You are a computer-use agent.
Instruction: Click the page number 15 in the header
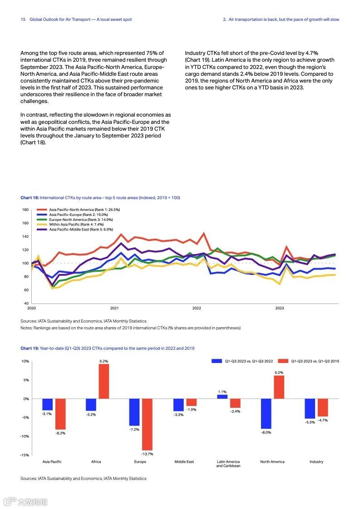pos(23,20)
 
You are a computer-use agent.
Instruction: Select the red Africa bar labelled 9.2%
pos(104,381)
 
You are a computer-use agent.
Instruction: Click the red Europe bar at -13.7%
pos(147,424)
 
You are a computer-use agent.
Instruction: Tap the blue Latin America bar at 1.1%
pos(222,396)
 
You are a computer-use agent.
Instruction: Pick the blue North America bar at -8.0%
pos(266,413)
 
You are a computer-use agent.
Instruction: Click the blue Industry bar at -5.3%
pos(310,408)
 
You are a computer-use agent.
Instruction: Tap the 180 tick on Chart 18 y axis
pos(25,210)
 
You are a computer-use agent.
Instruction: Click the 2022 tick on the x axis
pos(197,308)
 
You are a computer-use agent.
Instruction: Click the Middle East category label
pos(184,462)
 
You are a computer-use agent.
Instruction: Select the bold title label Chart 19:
pos(30,348)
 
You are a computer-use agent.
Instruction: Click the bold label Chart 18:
pos(30,198)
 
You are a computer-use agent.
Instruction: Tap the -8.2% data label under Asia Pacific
pos(60,433)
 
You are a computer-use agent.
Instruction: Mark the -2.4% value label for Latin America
pos(235,411)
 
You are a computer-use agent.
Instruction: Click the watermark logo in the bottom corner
pos(25,502)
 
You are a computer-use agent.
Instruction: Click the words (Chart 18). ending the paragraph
pos(33,142)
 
